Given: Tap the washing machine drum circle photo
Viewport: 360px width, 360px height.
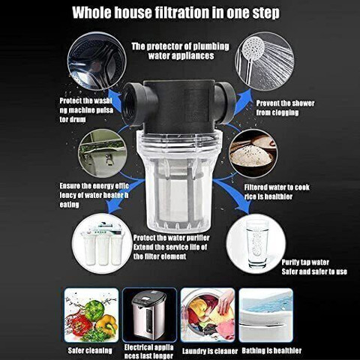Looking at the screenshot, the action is tap(97, 61).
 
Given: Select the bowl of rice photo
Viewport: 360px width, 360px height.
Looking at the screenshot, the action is tap(253, 153).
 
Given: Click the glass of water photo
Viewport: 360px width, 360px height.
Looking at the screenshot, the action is tap(256, 243).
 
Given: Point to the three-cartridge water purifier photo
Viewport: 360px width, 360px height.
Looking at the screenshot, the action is tap(103, 242).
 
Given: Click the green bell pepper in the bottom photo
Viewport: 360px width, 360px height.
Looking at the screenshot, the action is tap(94, 310).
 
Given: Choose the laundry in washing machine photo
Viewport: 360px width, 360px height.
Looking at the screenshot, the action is tap(208, 315).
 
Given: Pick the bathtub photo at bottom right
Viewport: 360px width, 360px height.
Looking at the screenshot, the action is tap(265, 315).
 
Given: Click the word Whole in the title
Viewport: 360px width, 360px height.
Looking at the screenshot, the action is tap(91, 13).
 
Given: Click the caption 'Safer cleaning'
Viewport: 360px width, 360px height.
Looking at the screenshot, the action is tap(90, 350).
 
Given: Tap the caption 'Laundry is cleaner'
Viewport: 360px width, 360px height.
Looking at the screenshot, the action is tap(210, 351).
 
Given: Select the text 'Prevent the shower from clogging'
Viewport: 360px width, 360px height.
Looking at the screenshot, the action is tap(285, 108).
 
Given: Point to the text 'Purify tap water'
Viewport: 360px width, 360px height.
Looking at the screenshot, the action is tap(305, 262).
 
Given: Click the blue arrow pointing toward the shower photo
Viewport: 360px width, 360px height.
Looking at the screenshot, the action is tap(244, 102).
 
